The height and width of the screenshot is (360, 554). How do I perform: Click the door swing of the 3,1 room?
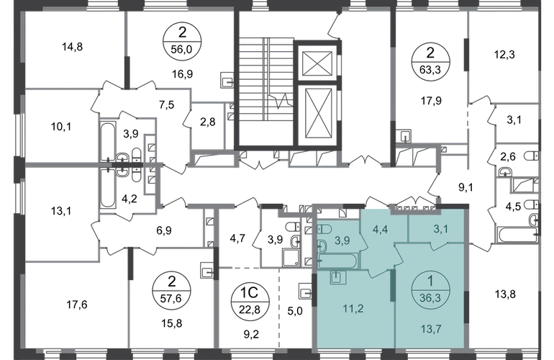pos(434,247)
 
